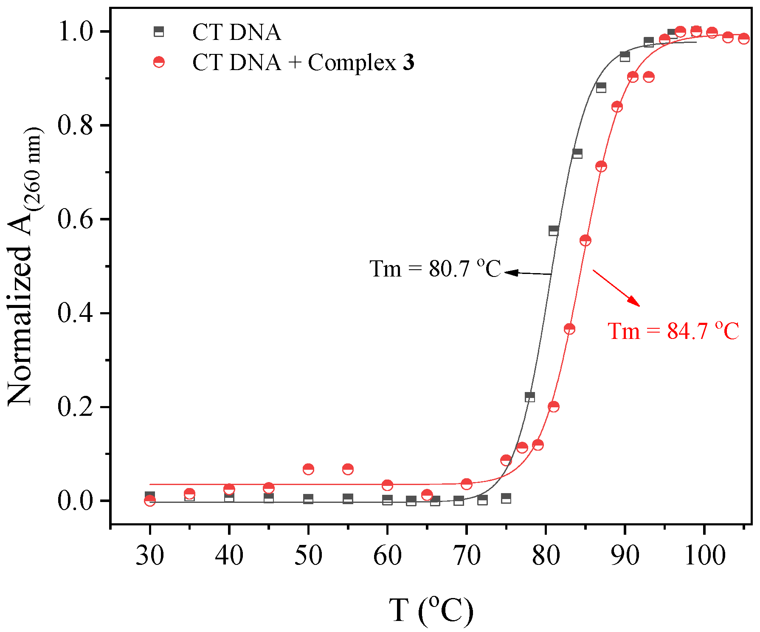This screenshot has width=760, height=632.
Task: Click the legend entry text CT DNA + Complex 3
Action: pos(303,62)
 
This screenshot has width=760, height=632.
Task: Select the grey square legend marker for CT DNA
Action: pos(159,31)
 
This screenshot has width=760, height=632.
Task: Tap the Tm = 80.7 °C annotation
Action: pos(435,269)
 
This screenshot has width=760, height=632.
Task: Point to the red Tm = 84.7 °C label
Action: pos(673,331)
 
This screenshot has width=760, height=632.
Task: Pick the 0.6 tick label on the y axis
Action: pos(75,220)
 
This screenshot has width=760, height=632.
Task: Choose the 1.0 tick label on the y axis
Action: pos(75,32)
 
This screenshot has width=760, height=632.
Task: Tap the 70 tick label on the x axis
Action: pos(467,555)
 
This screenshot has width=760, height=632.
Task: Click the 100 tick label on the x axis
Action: pos(704,555)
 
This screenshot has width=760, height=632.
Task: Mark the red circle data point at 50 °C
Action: pos(308,469)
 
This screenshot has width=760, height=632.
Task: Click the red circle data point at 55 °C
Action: pos(348,469)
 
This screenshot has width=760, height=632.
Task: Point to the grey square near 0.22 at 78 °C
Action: pos(530,397)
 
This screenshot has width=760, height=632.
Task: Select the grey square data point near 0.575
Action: pos(554,231)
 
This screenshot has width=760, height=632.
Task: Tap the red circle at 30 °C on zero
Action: pos(150,501)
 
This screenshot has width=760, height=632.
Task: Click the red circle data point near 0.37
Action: pos(569,329)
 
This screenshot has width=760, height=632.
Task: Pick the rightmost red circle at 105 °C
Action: pos(743,39)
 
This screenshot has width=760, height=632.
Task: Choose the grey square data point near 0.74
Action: pos(577,154)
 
